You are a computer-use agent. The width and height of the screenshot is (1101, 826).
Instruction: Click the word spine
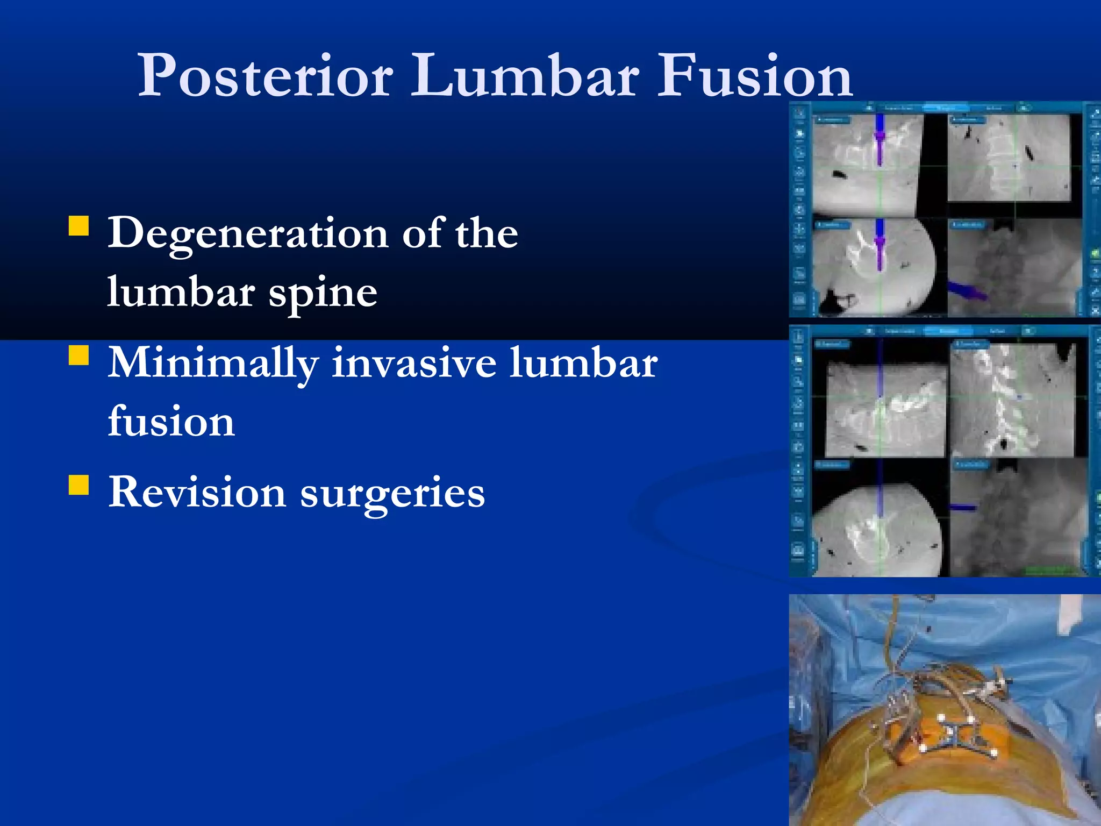(323, 294)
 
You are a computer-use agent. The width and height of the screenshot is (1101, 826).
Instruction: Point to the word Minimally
(212, 364)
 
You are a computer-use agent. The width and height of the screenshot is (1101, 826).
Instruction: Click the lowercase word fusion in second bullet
(171, 422)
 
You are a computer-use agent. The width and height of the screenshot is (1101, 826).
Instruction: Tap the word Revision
(197, 492)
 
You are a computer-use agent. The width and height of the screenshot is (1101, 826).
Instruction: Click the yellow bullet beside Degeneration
(79, 226)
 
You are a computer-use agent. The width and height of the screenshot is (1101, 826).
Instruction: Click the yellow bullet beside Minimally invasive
(79, 355)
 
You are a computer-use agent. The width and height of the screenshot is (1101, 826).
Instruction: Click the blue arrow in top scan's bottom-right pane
(966, 291)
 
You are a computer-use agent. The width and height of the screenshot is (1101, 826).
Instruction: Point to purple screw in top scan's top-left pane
(880, 140)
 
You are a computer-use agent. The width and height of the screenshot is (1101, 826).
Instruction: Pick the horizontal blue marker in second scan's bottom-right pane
(963, 507)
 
